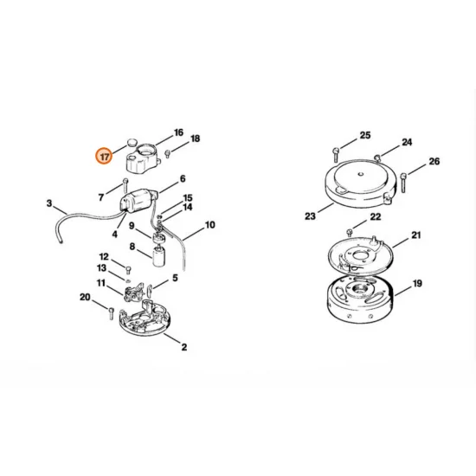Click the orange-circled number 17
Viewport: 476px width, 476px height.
tap(105, 157)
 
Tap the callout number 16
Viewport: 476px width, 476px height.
tap(178, 132)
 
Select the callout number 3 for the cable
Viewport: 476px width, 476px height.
tap(49, 203)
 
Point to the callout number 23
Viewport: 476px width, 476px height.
tap(311, 216)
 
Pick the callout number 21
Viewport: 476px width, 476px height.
tap(415, 235)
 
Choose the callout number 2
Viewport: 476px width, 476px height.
tap(183, 347)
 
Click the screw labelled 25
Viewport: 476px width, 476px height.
tap(335, 155)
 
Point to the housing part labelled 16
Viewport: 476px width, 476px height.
tap(146, 157)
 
